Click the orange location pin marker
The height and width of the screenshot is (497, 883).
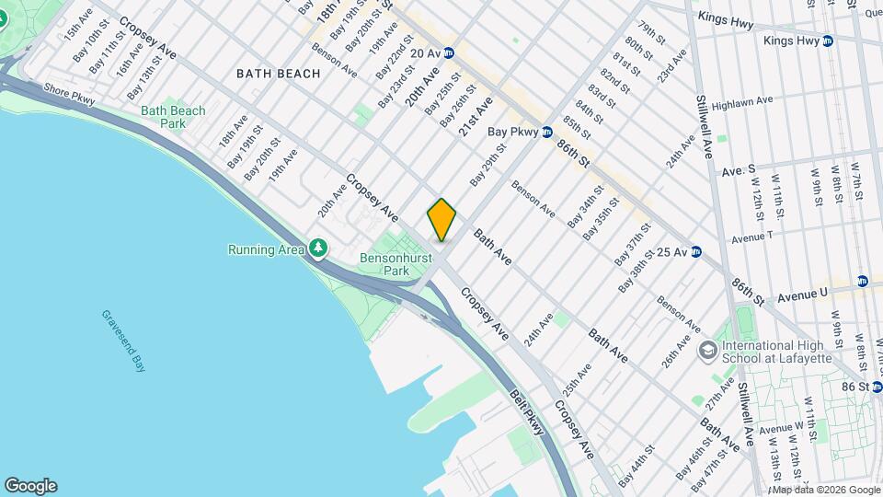441,220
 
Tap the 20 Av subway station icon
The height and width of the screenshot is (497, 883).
449,54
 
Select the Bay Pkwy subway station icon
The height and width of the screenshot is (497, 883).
546,132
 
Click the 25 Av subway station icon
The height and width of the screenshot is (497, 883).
696,251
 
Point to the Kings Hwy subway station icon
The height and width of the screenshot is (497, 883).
828,40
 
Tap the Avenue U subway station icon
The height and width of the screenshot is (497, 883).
862,281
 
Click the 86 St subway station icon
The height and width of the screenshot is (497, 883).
864,387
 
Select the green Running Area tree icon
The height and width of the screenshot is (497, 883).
318,248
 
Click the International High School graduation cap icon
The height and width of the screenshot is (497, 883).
707,351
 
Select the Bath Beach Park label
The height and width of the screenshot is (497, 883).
173,117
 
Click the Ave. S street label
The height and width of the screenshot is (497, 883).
738,170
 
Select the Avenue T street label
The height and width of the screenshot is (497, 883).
751,237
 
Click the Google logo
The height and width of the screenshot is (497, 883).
30,486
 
